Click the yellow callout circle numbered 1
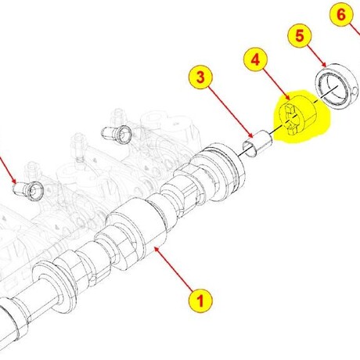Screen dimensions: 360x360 click(200, 301)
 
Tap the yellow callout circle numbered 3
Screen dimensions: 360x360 click(200, 77)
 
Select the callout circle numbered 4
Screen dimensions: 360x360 click(255, 60)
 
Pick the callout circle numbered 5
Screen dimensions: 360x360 click(300, 35)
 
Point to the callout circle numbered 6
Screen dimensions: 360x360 click(341, 14)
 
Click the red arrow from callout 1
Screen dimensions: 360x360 click(174, 268)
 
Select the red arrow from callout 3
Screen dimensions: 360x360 click(231, 112)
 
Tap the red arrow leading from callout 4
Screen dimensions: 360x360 click(276, 84)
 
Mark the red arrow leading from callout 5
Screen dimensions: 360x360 click(316, 56)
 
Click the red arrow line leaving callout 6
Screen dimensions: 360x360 click(355, 30)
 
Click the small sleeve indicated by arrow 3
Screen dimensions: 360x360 click(257, 143)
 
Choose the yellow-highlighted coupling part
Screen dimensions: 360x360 click(300, 117)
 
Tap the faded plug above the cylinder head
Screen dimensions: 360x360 click(117, 134)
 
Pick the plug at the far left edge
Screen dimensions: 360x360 click(28, 190)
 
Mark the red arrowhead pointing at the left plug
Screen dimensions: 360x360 click(13, 181)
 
